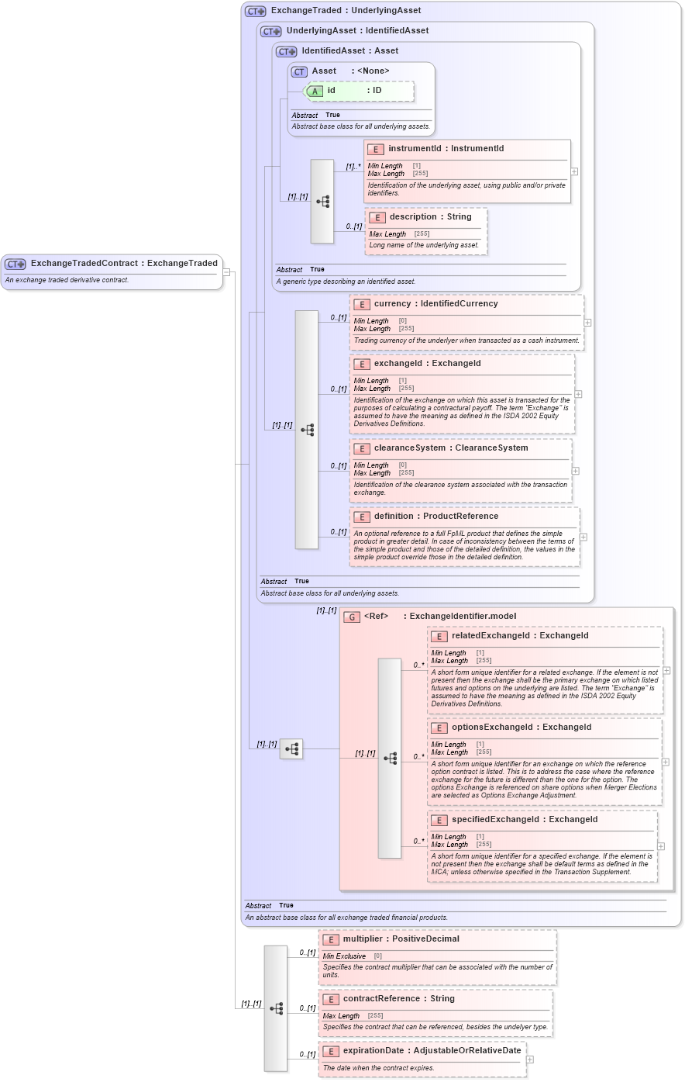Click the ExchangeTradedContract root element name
pos(124,264)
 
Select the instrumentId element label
pos(446,149)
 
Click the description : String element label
pos(430,217)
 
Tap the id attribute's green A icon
pos(315,91)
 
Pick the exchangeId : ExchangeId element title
pos(427,364)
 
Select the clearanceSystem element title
pos(450,448)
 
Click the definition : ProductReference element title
pos(435,517)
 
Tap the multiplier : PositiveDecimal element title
pos(401,939)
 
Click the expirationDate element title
pos(432,1051)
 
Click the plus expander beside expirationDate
pos(530,1060)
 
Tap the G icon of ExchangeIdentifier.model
pos(352,617)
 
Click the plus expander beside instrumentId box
pos(574,171)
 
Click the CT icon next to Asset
pos(299,71)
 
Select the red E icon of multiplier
pos(331,939)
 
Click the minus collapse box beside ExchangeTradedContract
pos(226,272)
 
